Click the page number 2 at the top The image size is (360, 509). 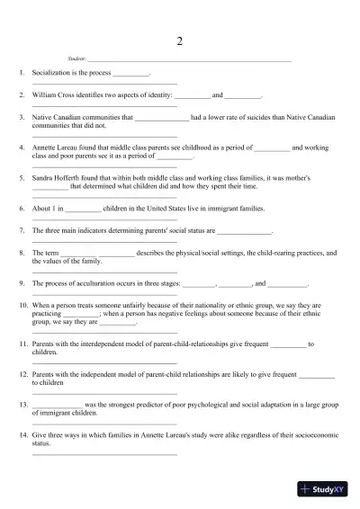[180, 41]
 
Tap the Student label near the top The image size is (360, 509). [76, 59]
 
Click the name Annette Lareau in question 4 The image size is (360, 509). [57, 147]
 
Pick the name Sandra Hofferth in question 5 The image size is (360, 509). [58, 178]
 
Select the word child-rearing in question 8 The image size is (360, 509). [272, 253]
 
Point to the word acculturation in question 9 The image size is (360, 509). [96, 283]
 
